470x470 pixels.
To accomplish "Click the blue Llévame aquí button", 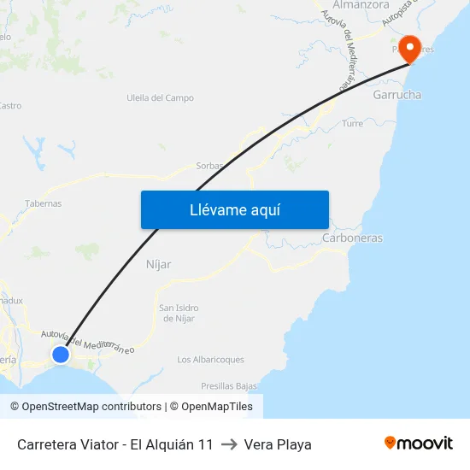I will point(234,209).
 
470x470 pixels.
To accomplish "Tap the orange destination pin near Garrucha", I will point(410,48).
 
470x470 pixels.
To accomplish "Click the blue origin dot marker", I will point(61,354).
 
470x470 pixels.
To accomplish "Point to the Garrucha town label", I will point(397,95).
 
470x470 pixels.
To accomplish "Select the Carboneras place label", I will point(352,238).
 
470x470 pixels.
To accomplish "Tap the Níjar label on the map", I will point(159,265).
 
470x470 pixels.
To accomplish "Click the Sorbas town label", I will point(209,166).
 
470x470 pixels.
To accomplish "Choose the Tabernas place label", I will point(44,204).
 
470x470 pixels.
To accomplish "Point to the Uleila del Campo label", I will point(160,98).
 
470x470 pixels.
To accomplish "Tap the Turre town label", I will point(352,124).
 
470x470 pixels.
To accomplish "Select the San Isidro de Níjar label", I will point(179,314).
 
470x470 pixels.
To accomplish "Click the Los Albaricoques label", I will point(210,360).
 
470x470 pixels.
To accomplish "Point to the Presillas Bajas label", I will point(229,386).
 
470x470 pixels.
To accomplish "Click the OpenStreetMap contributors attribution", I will point(91,407).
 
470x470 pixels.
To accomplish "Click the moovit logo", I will point(419,444).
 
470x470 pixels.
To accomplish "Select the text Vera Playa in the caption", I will point(278,444).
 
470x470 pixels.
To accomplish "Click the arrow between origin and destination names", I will point(229,444).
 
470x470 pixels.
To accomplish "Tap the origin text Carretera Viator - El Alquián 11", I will point(115,444).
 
